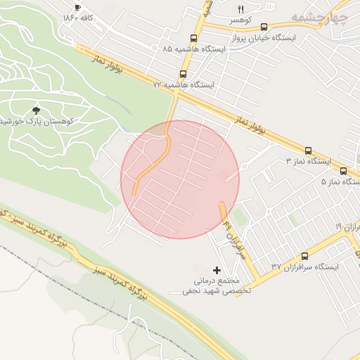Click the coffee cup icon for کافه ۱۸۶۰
point(78,7)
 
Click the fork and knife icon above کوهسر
point(240,9)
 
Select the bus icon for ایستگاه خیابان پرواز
point(264,27)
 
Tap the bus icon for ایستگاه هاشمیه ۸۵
point(193,39)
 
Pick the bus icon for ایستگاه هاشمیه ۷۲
point(184,73)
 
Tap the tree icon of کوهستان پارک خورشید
point(36,110)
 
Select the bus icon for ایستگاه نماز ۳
point(308,150)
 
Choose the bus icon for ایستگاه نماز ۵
point(343,171)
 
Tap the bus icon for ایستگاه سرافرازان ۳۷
point(304,257)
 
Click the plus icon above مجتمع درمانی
point(216,270)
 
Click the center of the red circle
point(180,179)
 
